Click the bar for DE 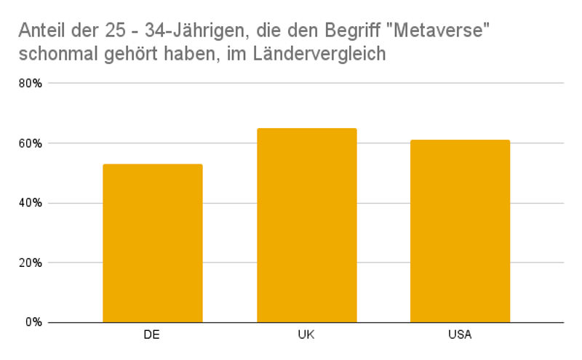(153, 244)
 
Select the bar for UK (306, 225)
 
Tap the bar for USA (460, 231)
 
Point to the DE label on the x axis (153, 335)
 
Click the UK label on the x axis (306, 335)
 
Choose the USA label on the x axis (460, 335)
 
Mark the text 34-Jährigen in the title (186, 31)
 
